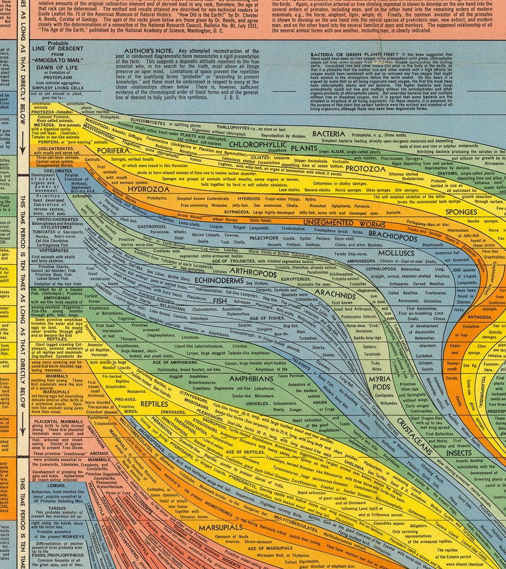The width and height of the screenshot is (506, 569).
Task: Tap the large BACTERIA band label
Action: pyautogui.click(x=329, y=134)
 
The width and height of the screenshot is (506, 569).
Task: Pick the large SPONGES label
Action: pyautogui.click(x=461, y=211)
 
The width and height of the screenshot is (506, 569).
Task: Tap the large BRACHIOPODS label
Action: pyautogui.click(x=393, y=234)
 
